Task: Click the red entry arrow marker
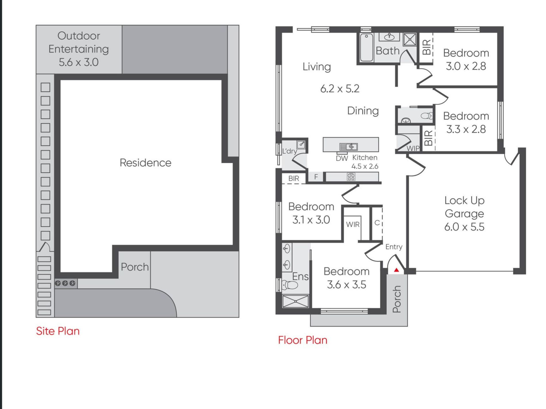397,270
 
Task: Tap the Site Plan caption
58,331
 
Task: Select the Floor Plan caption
303,340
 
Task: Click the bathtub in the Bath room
366,47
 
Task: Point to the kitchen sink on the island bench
349,147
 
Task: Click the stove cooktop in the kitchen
351,177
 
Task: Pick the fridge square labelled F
316,177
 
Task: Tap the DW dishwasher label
342,158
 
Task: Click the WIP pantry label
413,148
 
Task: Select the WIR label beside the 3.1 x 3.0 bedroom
353,224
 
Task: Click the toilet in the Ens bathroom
290,285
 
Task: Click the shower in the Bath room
410,39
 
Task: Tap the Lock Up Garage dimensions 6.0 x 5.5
464,227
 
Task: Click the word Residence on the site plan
145,163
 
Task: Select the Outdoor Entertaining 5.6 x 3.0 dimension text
78,62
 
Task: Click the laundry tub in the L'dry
301,144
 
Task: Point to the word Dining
363,111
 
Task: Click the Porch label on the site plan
134,267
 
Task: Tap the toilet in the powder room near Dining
427,116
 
